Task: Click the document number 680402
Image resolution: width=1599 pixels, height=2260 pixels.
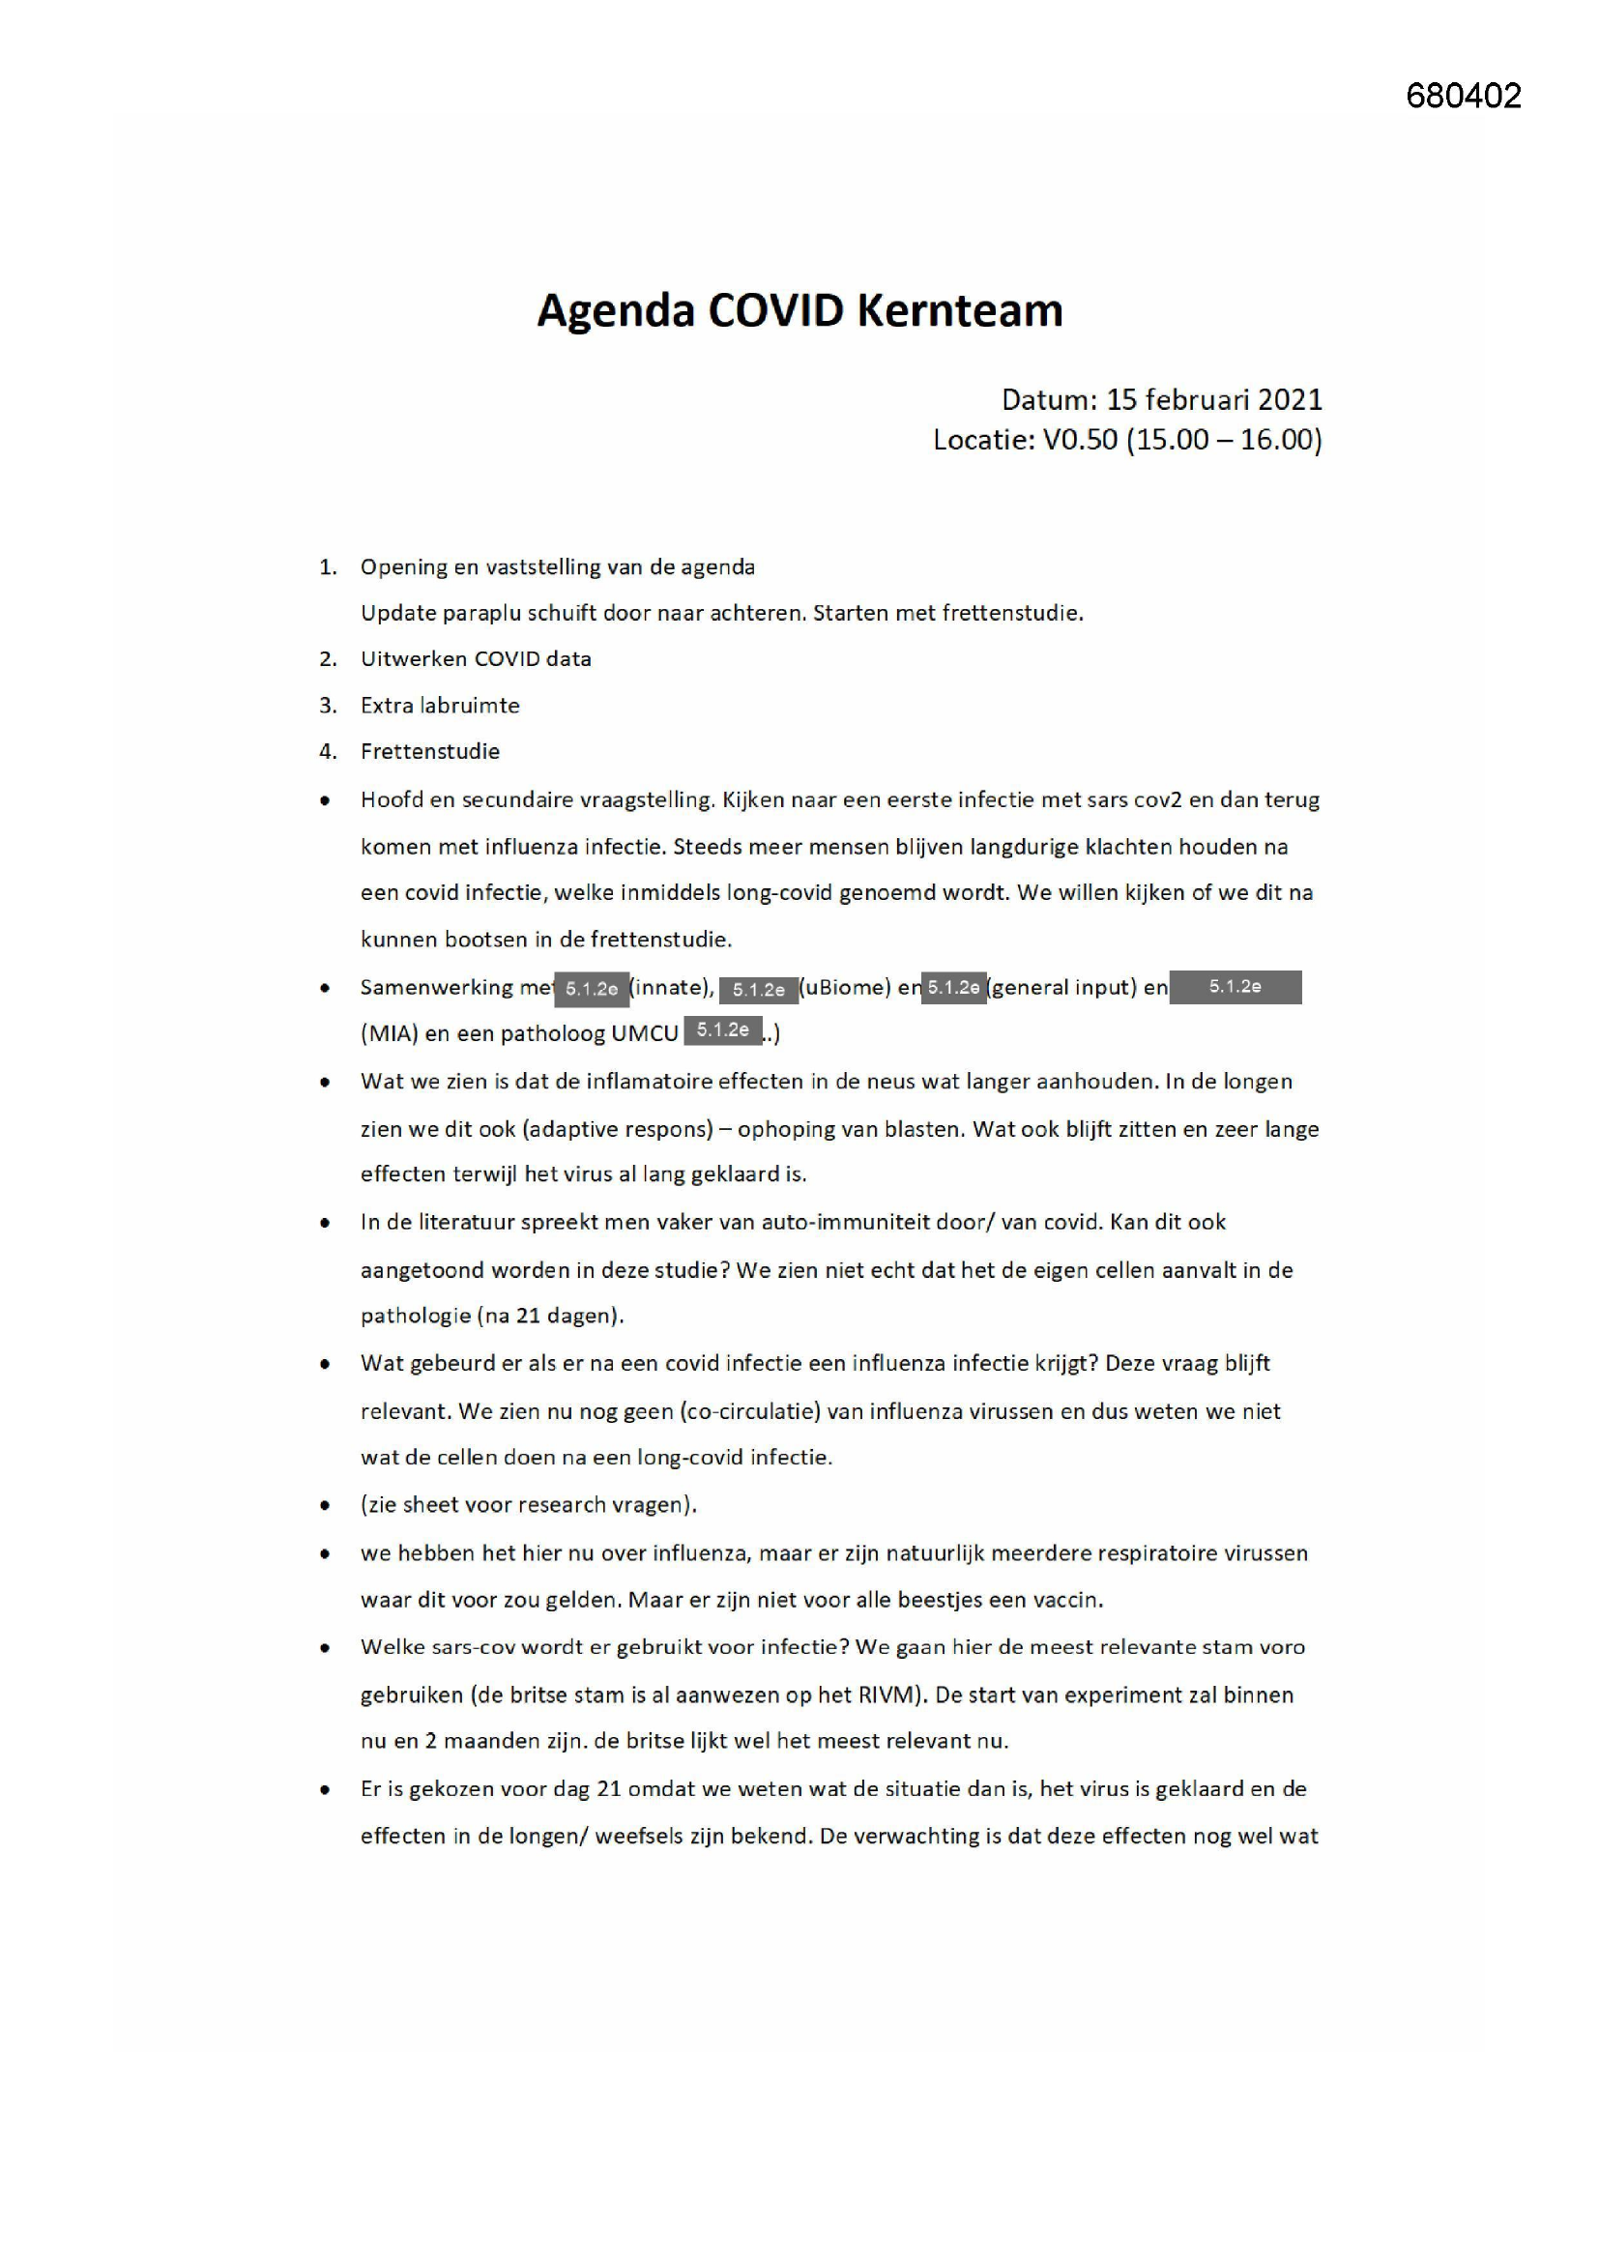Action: coord(1463,96)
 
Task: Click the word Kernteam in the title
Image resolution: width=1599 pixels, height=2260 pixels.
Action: coord(959,310)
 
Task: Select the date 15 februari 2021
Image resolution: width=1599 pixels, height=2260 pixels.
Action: coord(1214,399)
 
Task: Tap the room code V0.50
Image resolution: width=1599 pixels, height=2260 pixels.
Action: coord(1079,439)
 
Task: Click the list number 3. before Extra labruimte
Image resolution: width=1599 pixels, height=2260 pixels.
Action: coord(328,705)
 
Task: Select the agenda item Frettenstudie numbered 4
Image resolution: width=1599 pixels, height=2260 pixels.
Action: coord(430,751)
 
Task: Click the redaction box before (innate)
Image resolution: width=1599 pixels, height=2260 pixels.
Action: coord(591,988)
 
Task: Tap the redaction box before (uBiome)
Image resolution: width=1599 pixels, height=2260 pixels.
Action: coord(758,989)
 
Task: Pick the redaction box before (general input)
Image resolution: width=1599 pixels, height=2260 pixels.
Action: coord(953,987)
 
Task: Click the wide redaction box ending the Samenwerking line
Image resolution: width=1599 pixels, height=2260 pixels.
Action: coord(1235,986)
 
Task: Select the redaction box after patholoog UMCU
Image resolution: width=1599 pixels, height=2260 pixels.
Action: coord(723,1030)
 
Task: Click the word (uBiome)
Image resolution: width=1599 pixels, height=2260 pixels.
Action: coord(845,987)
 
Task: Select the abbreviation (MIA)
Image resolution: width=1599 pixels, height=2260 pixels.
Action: coord(390,1033)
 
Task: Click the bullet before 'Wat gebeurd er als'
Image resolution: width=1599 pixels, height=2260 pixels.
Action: coord(325,1364)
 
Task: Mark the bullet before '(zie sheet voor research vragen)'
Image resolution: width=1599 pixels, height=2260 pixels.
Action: coord(325,1505)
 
